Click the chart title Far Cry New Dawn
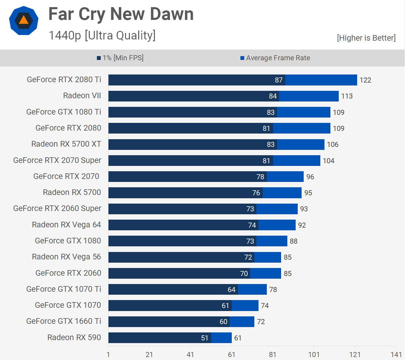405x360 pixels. (x=121, y=14)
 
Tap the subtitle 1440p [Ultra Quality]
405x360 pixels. (x=102, y=35)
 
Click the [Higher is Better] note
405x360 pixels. (x=366, y=38)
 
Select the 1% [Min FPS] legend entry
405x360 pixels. (x=120, y=58)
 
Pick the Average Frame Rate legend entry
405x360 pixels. (x=275, y=58)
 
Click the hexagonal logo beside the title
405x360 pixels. (x=24, y=20)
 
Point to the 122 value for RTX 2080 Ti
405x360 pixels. (x=365, y=80)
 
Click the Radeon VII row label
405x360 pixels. (x=82, y=96)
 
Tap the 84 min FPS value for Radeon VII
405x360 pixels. (x=273, y=96)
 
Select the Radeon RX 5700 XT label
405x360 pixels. (x=66, y=144)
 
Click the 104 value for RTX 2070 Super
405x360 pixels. (x=328, y=161)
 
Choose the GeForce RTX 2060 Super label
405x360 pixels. (x=57, y=208)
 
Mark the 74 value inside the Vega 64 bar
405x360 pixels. (x=252, y=225)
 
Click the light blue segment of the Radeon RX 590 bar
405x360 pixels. (x=221, y=338)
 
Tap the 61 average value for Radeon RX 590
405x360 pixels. (x=238, y=338)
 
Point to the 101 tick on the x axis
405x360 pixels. (x=314, y=355)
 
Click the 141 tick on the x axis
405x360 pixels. (x=396, y=355)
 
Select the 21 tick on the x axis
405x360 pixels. (x=149, y=355)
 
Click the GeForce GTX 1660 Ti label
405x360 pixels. (x=64, y=321)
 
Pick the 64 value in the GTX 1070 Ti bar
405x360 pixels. (x=231, y=290)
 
